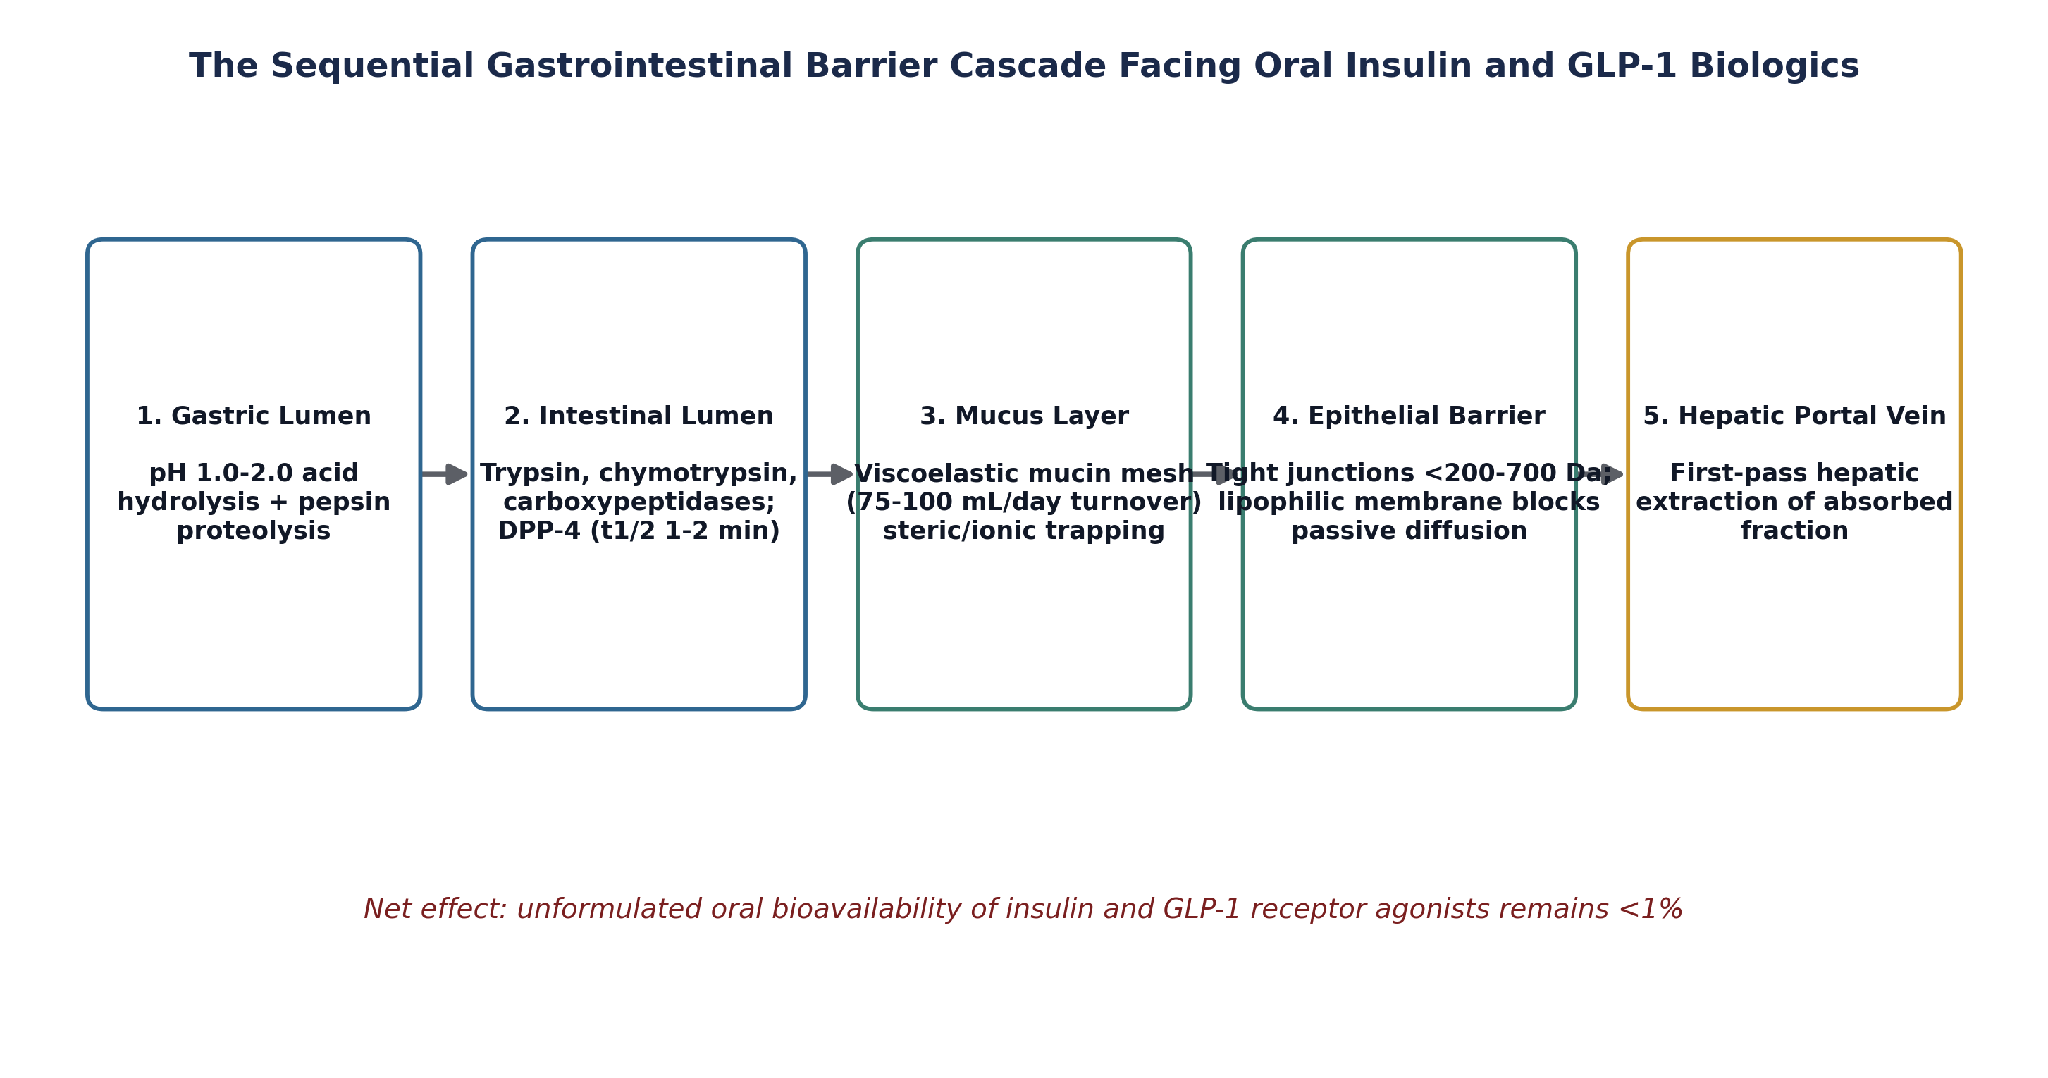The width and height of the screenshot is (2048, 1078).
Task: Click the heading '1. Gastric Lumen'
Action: point(254,416)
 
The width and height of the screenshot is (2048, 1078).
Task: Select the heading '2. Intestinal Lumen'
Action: point(639,416)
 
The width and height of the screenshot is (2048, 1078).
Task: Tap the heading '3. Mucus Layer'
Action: point(1024,416)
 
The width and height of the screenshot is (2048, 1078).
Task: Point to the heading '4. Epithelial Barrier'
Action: point(1409,416)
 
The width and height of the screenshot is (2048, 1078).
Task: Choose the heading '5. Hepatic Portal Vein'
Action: point(1794,416)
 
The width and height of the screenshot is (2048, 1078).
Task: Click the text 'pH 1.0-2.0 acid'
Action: point(254,473)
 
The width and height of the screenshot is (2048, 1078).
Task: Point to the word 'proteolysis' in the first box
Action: point(254,531)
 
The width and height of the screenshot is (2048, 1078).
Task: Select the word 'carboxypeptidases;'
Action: point(639,502)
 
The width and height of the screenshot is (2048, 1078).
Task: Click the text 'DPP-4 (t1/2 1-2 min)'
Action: point(639,531)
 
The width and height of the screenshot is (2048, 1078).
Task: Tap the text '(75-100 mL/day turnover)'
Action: point(1024,502)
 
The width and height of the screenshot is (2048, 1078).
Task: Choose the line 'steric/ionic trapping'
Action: point(1024,531)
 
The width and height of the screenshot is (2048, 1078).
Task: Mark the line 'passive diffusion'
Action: point(1409,531)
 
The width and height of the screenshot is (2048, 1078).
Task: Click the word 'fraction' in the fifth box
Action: point(1794,531)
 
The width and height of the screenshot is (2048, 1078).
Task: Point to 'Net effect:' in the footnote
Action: point(435,910)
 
